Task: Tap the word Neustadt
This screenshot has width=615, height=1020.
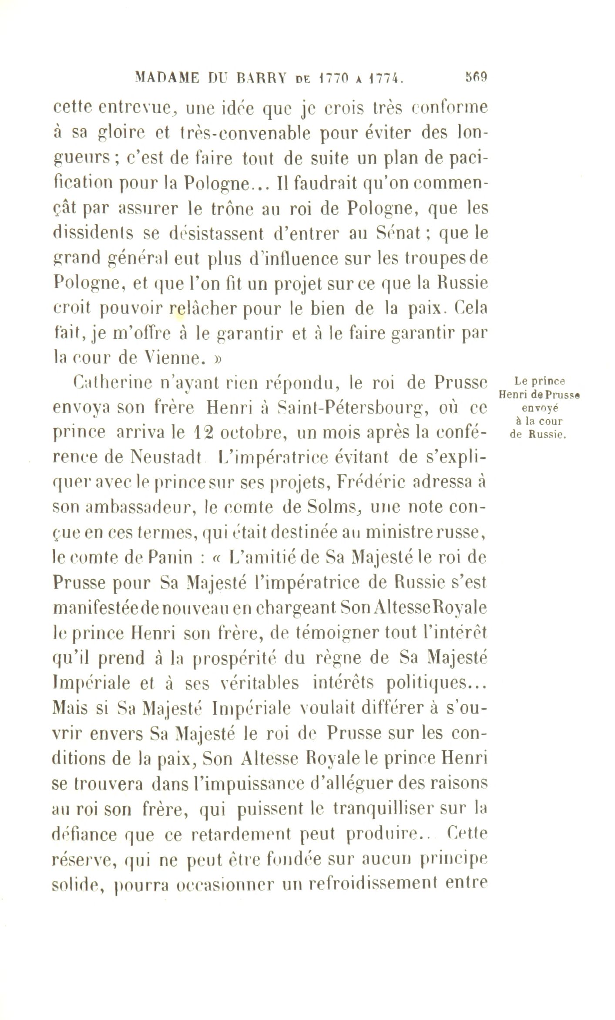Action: point(167,458)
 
